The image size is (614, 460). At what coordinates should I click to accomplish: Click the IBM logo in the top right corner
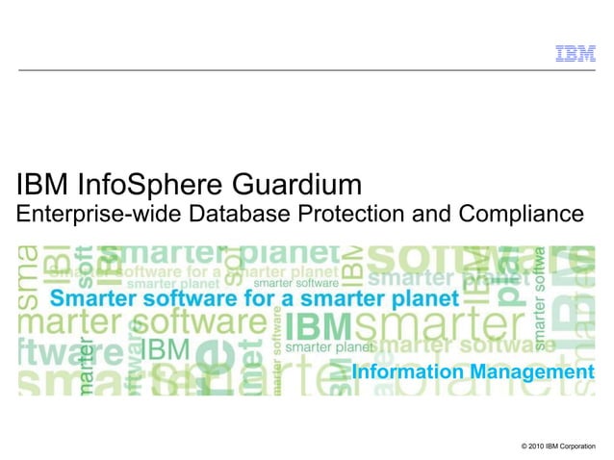(x=575, y=54)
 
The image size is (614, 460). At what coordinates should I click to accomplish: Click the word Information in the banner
(x=403, y=371)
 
